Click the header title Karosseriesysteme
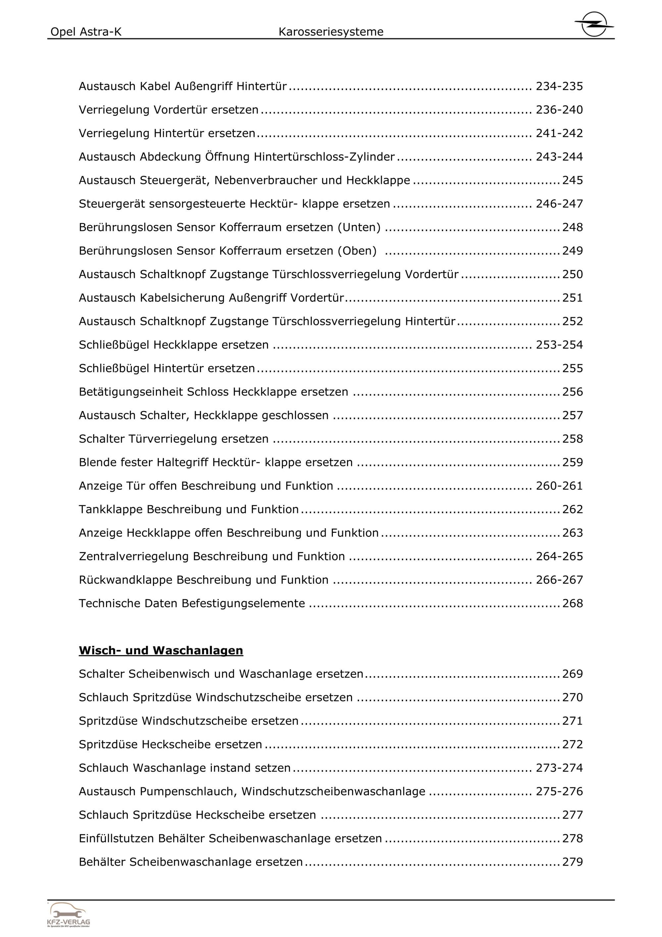(331, 32)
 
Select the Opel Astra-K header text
(86, 32)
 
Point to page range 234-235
(559, 86)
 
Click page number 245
(573, 180)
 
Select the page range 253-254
(559, 345)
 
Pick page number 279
(573, 862)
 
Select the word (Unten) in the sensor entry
(359, 227)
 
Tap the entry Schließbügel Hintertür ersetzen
(167, 368)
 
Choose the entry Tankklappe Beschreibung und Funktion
(189, 510)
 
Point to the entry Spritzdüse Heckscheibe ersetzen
(171, 744)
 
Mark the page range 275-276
(559, 791)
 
